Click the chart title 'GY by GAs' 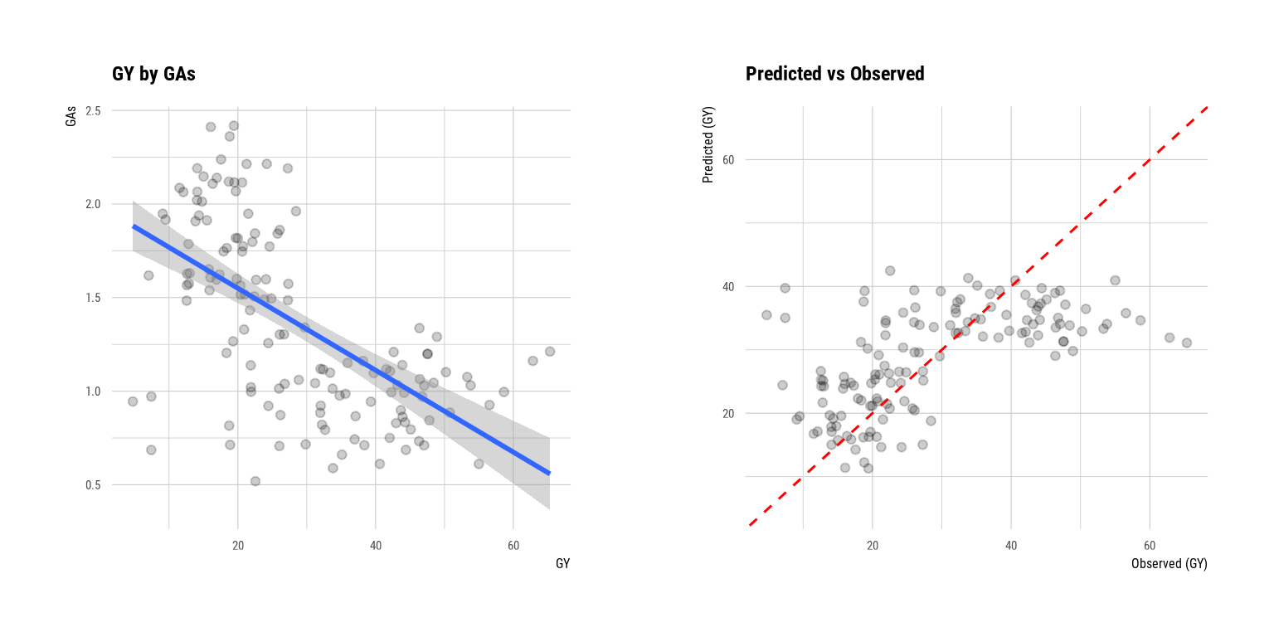(153, 74)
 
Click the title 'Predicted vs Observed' (834, 74)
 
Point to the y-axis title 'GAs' (71, 116)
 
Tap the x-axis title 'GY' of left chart (562, 564)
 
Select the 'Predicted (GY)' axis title (708, 145)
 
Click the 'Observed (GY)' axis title (1169, 564)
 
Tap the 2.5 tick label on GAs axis (93, 110)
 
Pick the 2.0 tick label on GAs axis (93, 204)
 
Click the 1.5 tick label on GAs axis (93, 298)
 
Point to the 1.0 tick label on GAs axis (93, 391)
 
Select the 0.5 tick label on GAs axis (93, 485)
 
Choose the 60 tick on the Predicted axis (728, 159)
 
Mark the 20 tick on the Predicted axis (728, 413)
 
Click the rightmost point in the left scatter (549, 352)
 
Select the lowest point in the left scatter (255, 481)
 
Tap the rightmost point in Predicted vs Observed (1186, 343)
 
